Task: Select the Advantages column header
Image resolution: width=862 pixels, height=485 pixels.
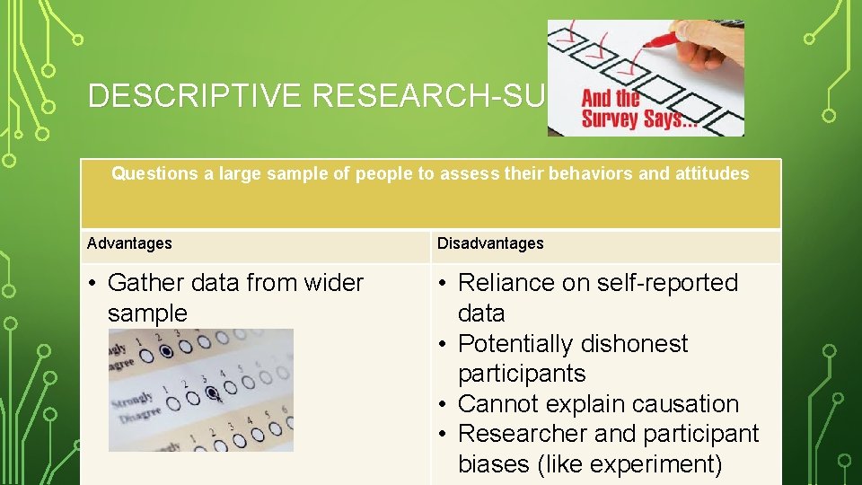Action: coord(129,243)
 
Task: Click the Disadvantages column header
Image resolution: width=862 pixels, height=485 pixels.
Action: coord(490,243)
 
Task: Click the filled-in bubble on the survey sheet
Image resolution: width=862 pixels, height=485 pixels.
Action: coord(214,392)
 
